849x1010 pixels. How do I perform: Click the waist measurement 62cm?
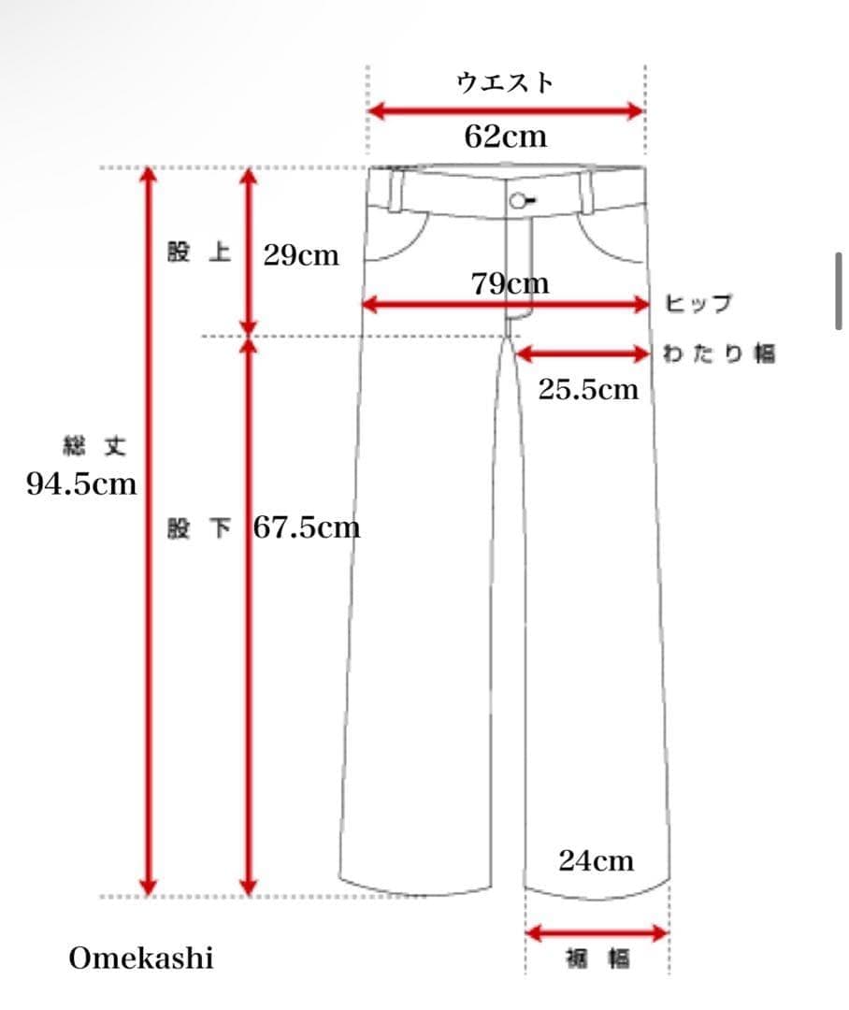click(x=506, y=137)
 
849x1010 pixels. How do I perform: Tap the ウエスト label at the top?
click(x=505, y=83)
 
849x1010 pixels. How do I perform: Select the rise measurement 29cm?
click(x=301, y=255)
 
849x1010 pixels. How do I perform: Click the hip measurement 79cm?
click(x=511, y=283)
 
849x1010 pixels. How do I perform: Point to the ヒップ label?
click(x=698, y=303)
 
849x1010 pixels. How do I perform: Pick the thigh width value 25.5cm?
click(x=588, y=390)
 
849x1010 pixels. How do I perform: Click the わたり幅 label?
click(x=719, y=353)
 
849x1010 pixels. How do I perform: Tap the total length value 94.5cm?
click(x=81, y=483)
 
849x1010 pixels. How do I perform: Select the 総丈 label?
click(x=94, y=446)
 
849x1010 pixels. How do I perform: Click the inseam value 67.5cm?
click(x=307, y=528)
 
